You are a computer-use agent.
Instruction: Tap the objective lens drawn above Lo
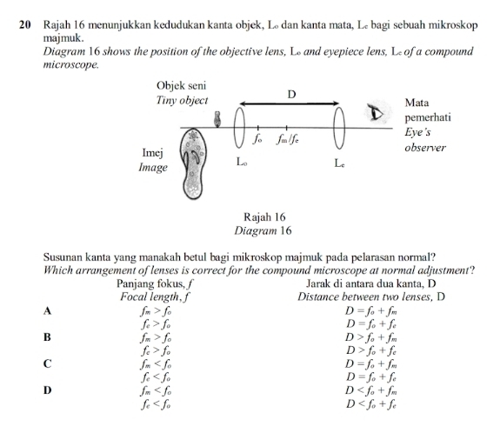[243, 128]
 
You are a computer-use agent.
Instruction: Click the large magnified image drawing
[194, 169]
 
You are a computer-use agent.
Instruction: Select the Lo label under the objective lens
[243, 163]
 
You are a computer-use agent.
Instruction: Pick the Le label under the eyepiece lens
[342, 163]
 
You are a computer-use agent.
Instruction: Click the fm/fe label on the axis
[289, 139]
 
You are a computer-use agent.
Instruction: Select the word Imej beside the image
[154, 153]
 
